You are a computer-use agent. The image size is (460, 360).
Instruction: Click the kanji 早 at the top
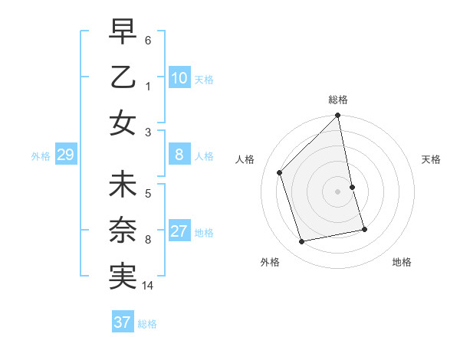tap(123, 31)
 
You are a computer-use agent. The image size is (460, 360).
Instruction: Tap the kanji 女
tap(123, 122)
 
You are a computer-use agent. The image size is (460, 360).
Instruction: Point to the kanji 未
tap(123, 186)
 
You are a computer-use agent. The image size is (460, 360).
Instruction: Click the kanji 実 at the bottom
tap(123, 277)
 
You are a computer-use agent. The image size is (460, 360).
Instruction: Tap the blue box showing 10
tap(179, 78)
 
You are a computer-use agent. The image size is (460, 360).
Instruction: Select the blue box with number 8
tap(179, 155)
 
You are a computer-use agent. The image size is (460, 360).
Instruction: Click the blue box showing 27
tap(179, 232)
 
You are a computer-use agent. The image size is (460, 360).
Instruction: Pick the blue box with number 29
tap(66, 155)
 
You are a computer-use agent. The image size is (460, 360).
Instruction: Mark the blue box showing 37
tap(123, 322)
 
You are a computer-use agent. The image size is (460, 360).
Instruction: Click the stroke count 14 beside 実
tap(148, 286)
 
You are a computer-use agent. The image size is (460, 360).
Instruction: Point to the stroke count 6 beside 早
tap(148, 39)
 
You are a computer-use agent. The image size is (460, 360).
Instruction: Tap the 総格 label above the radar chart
tap(338, 100)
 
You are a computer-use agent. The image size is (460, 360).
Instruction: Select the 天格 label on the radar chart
tap(432, 159)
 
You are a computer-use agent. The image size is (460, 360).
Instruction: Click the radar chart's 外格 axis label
tap(269, 262)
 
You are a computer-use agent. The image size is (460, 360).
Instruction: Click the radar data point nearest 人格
tap(280, 172)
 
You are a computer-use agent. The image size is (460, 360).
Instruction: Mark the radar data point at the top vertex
tap(338, 116)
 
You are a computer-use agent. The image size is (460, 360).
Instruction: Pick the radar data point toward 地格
tap(364, 229)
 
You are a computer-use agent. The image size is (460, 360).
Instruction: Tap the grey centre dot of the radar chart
tap(338, 191)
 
